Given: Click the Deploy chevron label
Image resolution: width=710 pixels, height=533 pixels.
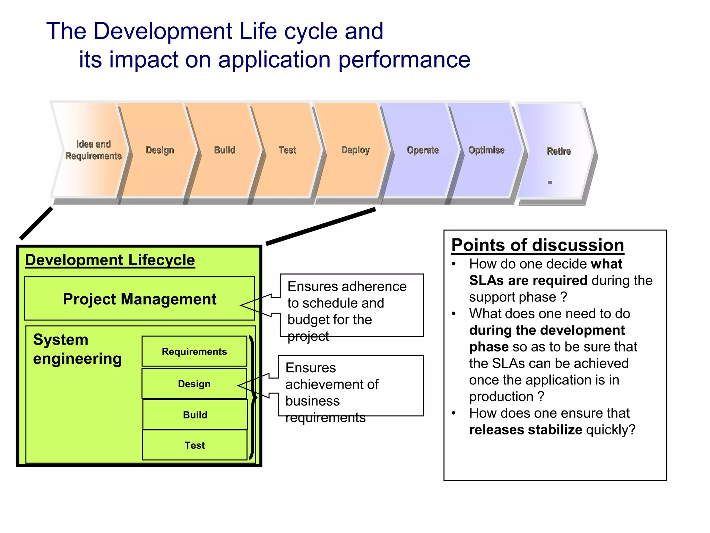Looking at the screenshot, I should pyautogui.click(x=355, y=150).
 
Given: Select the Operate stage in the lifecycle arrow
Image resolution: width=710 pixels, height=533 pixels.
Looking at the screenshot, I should pyautogui.click(x=423, y=150).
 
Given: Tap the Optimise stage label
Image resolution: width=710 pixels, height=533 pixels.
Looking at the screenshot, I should pyautogui.click(x=486, y=150).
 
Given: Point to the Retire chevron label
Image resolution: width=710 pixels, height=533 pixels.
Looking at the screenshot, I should pyautogui.click(x=559, y=151).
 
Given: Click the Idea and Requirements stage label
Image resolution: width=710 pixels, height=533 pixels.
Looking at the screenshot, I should pyautogui.click(x=93, y=150).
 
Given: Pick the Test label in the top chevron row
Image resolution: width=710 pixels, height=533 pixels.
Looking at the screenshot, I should pyautogui.click(x=287, y=150).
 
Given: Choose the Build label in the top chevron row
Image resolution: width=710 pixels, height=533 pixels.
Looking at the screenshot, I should pyautogui.click(x=225, y=150).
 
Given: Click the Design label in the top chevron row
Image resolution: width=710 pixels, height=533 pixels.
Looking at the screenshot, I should pyautogui.click(x=160, y=150).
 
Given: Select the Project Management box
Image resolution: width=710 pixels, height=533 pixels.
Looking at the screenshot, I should pyautogui.click(x=139, y=299).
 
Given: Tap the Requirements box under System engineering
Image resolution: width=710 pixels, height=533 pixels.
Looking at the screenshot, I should pyautogui.click(x=194, y=352).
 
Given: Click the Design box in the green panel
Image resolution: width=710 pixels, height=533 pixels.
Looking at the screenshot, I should pyautogui.click(x=194, y=384).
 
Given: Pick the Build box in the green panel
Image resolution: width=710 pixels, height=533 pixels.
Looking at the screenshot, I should pyautogui.click(x=195, y=415).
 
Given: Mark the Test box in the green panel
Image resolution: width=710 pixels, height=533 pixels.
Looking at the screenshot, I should pyautogui.click(x=194, y=445).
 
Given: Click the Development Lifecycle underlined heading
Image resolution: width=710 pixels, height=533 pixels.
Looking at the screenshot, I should pyautogui.click(x=110, y=260).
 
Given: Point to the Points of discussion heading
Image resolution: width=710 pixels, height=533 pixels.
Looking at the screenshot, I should pyautogui.click(x=537, y=245).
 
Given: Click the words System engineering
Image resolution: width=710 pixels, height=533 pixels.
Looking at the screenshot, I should pyautogui.click(x=77, y=349).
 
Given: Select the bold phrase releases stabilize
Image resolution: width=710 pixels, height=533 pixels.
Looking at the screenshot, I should pyautogui.click(x=526, y=430).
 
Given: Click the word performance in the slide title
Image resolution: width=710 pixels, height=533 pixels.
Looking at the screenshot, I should pyautogui.click(x=404, y=59).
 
